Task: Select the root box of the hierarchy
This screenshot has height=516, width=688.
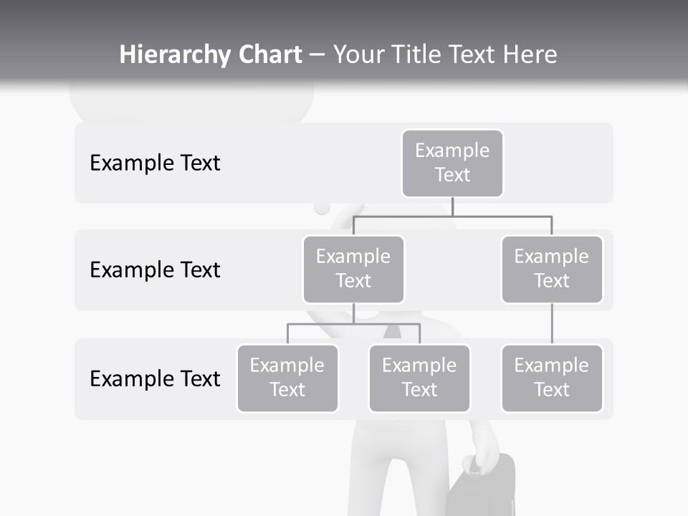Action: click(x=452, y=163)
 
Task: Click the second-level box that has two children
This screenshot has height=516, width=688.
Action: click(x=353, y=269)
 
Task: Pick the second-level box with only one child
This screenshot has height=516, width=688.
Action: click(x=552, y=269)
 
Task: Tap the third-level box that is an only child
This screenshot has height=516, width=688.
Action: click(x=552, y=378)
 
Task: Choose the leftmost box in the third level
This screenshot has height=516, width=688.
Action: click(x=287, y=378)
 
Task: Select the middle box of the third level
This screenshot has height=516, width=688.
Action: click(x=419, y=378)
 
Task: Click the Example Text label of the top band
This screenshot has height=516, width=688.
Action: click(x=155, y=163)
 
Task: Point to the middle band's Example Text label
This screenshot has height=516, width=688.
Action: click(x=155, y=270)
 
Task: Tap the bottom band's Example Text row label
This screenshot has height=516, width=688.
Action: click(x=155, y=378)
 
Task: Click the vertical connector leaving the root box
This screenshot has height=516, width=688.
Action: click(x=452, y=206)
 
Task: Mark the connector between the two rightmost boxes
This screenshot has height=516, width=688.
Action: click(x=552, y=324)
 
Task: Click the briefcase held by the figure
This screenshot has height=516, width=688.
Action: click(x=482, y=491)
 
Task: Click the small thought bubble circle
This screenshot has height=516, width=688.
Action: click(x=322, y=207)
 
